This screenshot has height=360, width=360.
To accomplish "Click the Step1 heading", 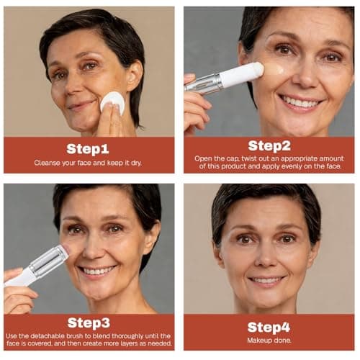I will point(88,148).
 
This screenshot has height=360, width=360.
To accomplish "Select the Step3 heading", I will point(88,323).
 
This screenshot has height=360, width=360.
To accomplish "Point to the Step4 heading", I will point(269,325).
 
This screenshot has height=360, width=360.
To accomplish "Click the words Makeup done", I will point(269,340).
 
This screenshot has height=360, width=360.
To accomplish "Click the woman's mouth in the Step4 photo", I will point(267,279).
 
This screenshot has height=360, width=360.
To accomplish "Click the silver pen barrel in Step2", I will point(204,82).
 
